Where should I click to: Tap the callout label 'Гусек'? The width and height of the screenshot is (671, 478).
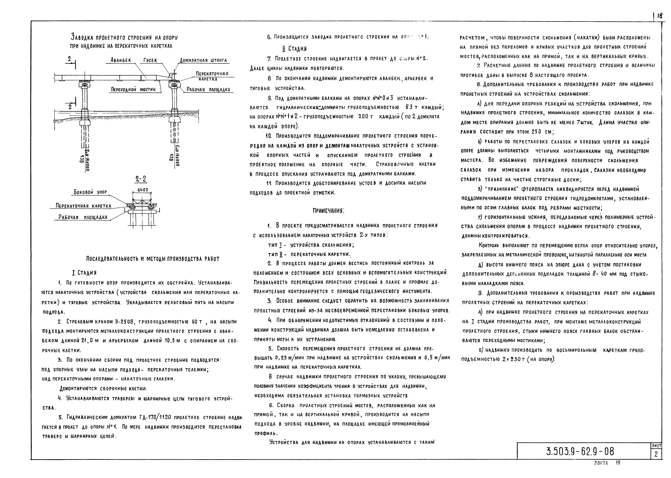[x=150, y=60]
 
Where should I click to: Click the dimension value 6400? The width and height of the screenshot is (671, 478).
[x=143, y=190]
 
